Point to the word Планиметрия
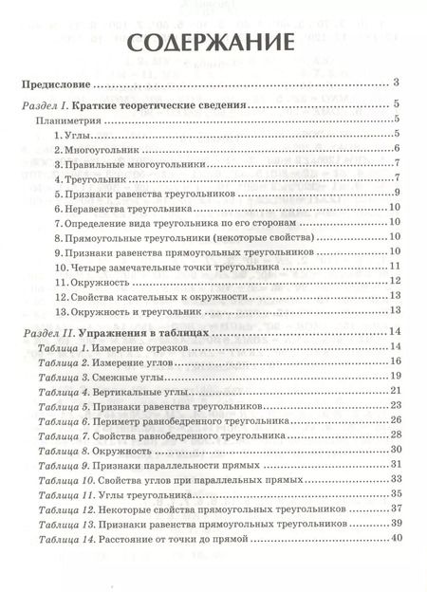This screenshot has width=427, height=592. point(67,121)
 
